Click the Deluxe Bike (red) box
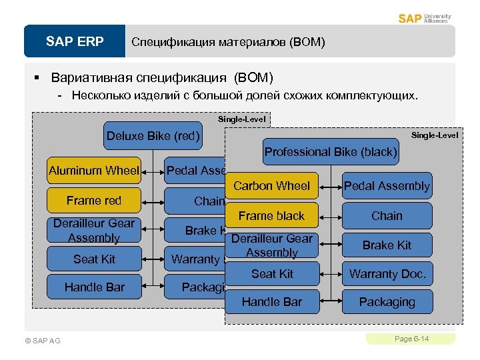(153, 137)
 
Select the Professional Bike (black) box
(331, 152)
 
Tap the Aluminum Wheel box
(94, 171)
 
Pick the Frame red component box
(94, 200)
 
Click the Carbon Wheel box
(271, 186)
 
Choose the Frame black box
(271, 215)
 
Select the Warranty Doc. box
(387, 274)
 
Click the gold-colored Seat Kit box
(94, 259)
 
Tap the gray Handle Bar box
(271, 302)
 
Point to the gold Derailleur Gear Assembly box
(94, 230)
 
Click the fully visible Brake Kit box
(387, 245)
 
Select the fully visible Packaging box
(387, 302)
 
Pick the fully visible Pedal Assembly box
(387, 186)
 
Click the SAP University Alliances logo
(425, 18)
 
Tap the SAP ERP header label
(75, 42)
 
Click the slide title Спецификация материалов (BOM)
(228, 42)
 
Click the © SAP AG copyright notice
(42, 341)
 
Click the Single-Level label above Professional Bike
(434, 135)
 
